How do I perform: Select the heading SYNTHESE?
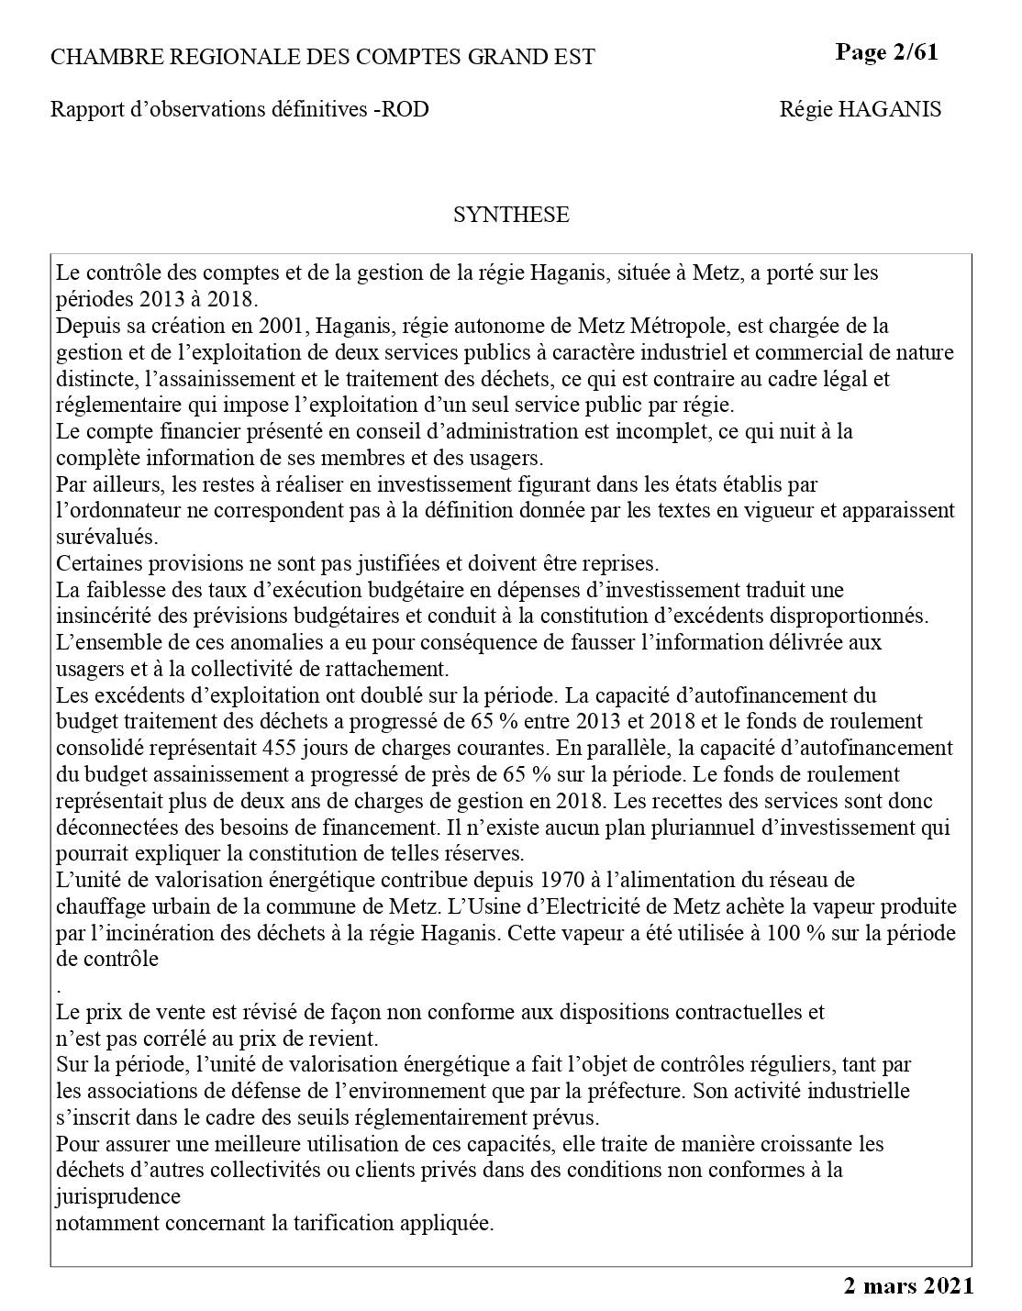[x=511, y=215]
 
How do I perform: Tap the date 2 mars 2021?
[x=908, y=1286]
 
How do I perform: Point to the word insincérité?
[x=99, y=617]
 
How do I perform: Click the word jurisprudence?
[x=117, y=1197]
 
